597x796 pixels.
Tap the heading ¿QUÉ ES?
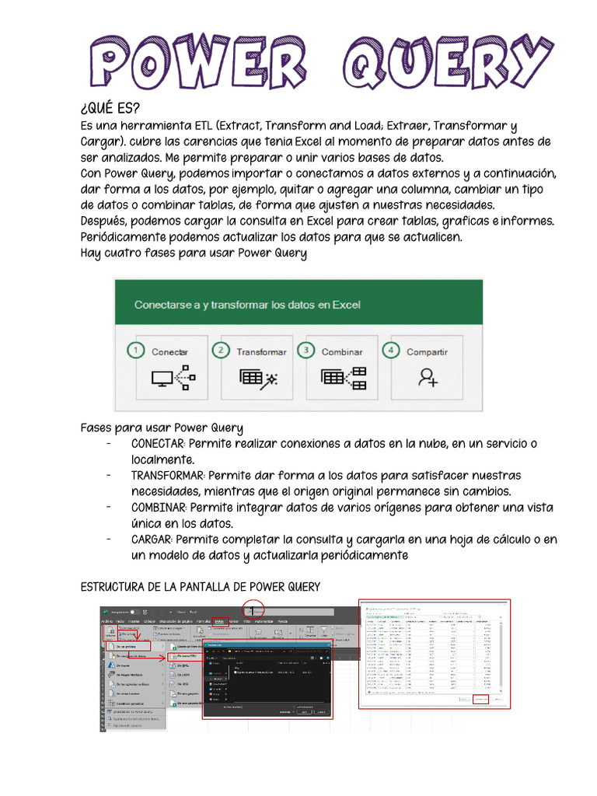click(111, 108)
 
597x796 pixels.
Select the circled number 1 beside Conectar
click(136, 351)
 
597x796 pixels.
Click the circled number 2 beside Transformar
click(222, 351)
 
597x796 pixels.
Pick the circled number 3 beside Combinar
click(307, 351)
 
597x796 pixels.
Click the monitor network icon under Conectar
click(173, 378)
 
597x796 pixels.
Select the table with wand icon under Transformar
click(257, 378)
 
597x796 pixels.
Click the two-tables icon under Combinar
click(343, 378)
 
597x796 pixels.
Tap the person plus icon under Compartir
click(427, 378)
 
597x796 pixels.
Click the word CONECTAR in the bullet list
click(159, 444)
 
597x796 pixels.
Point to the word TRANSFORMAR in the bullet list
click(168, 476)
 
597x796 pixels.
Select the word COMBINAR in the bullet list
click(159, 508)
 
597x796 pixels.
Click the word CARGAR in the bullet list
click(152, 539)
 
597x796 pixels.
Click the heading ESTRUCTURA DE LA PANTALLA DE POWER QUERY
click(201, 586)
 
